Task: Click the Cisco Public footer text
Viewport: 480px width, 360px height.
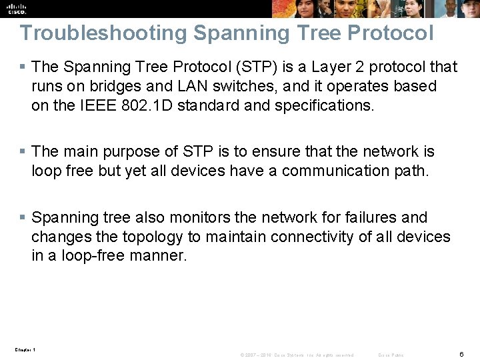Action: pyautogui.click(x=391, y=355)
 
